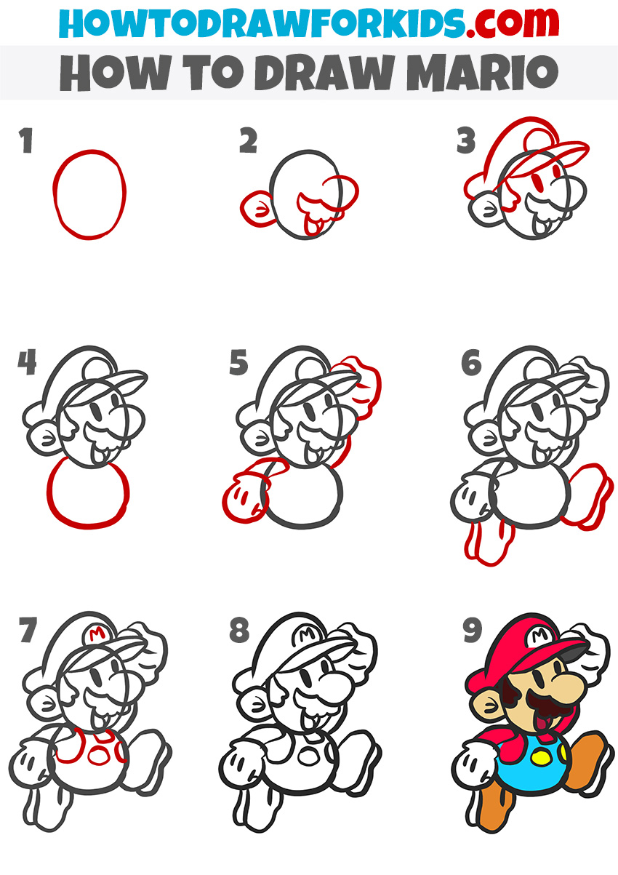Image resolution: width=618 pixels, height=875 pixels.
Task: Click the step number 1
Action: tap(26, 140)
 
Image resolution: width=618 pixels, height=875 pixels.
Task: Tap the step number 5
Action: tap(238, 363)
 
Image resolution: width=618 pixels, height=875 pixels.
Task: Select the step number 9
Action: tap(473, 631)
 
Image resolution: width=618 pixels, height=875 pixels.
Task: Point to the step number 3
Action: tap(466, 140)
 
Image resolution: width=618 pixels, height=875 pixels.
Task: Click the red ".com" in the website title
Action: tap(512, 23)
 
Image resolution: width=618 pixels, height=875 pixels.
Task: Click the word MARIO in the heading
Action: tap(483, 73)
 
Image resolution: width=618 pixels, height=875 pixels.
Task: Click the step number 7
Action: tap(28, 630)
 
